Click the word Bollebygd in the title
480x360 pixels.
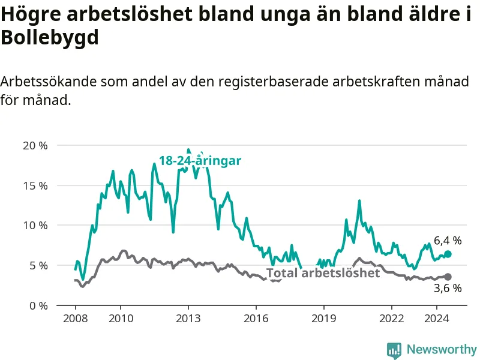pyautogui.click(x=50, y=38)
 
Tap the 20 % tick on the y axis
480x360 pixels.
pyautogui.click(x=35, y=146)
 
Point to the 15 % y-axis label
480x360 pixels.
pyautogui.click(x=35, y=186)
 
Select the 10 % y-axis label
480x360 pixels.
pyautogui.click(x=35, y=226)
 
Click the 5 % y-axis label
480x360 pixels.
pyautogui.click(x=38, y=266)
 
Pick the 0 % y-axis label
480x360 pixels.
pyautogui.click(x=38, y=306)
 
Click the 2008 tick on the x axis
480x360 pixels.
pyautogui.click(x=76, y=319)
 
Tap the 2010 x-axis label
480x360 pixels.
pyautogui.click(x=121, y=319)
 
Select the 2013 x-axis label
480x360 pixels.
pyautogui.click(x=188, y=319)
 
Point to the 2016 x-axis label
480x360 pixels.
pyautogui.click(x=256, y=319)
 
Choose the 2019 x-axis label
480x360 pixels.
pyautogui.click(x=324, y=319)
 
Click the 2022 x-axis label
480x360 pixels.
pyautogui.click(x=392, y=319)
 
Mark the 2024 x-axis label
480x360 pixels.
pyautogui.click(x=437, y=319)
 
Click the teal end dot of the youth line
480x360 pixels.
pyautogui.click(x=448, y=254)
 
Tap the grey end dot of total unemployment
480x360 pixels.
pyautogui.click(x=448, y=277)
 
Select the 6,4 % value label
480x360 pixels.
pyautogui.click(x=448, y=241)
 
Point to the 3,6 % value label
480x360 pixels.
pyautogui.click(x=448, y=289)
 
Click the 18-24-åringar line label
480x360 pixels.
pyautogui.click(x=200, y=161)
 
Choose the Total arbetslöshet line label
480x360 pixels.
pyautogui.click(x=323, y=273)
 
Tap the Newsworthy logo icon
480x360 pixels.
pyautogui.click(x=394, y=350)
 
